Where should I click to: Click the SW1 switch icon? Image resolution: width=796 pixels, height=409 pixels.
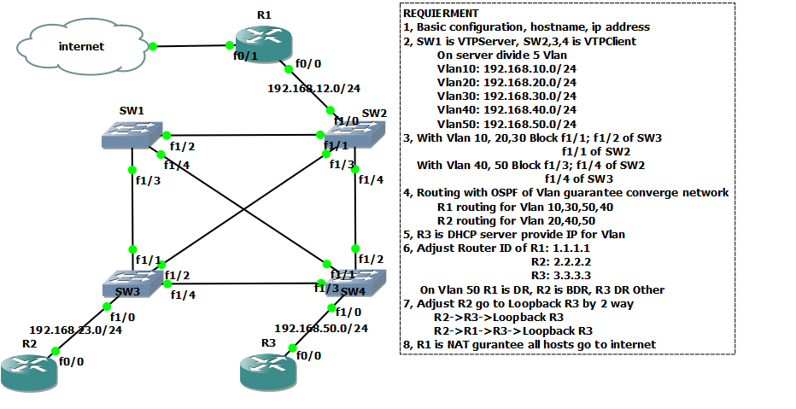[x=131, y=134]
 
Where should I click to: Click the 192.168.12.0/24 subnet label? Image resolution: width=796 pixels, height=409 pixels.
[x=313, y=88]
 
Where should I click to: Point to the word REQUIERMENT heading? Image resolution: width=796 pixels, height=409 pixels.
[x=441, y=14]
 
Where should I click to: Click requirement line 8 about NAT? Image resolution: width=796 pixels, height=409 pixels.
[x=530, y=344]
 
